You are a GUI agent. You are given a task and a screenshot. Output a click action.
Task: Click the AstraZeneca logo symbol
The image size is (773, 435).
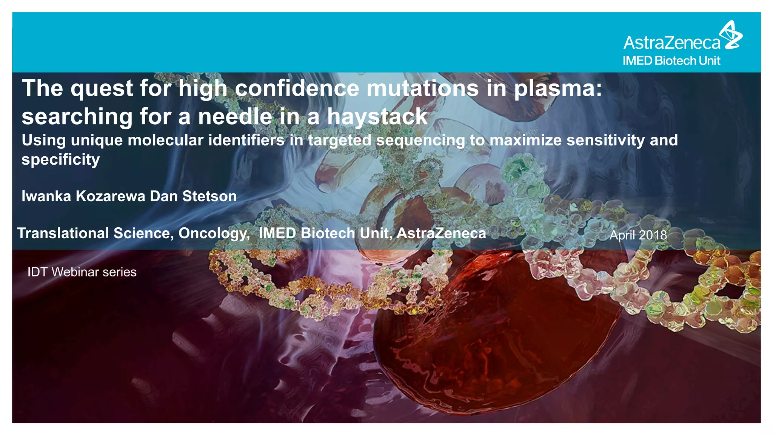point(731,35)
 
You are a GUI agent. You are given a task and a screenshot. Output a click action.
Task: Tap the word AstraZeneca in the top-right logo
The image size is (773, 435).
point(672,43)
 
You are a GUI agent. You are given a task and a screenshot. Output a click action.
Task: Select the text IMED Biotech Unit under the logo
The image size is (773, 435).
point(671,61)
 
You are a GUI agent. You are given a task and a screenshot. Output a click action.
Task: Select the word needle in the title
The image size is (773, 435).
point(235,117)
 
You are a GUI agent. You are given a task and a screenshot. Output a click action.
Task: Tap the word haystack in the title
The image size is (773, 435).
point(377,117)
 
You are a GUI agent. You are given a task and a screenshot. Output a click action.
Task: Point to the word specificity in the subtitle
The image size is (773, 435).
point(61,160)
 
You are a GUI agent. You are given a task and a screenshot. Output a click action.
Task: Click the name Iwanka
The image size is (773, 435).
point(46,196)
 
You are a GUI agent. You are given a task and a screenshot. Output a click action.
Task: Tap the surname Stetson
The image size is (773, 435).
point(209,196)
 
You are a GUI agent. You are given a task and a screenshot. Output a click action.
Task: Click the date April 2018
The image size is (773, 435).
point(638,235)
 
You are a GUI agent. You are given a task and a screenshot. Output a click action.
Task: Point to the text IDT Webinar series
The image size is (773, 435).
point(82,272)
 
